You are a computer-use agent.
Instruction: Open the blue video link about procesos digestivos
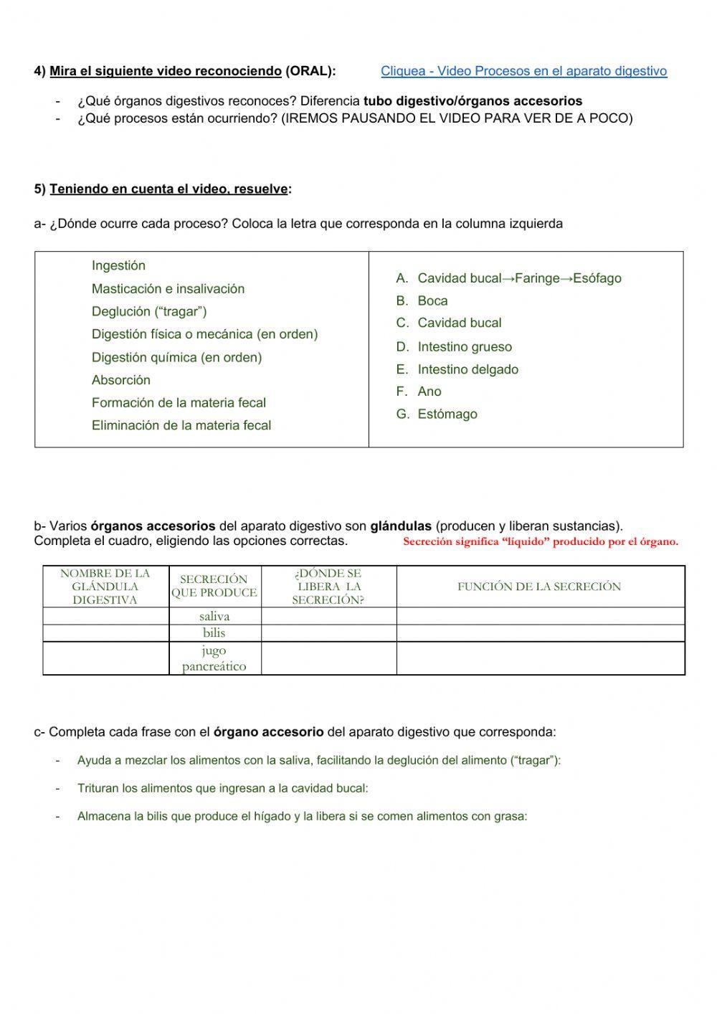[523, 71]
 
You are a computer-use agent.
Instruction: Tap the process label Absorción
[121, 380]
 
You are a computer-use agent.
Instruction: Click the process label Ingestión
[118, 266]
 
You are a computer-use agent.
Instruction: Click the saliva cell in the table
[214, 617]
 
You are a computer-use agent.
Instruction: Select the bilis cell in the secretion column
[214, 633]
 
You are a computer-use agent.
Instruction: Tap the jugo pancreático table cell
[214, 658]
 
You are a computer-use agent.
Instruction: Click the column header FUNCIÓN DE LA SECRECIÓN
[539, 587]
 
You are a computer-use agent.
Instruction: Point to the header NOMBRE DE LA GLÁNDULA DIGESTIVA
[105, 587]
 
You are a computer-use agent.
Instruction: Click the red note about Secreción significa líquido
[540, 542]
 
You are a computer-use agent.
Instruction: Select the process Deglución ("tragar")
[149, 312]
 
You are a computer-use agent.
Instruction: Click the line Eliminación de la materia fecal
[181, 426]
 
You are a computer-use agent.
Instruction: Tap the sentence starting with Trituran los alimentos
[222, 789]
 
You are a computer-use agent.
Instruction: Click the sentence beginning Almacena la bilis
[302, 817]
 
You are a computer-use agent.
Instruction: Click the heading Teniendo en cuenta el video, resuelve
[169, 189]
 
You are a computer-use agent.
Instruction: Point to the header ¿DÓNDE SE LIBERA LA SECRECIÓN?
[328, 587]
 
